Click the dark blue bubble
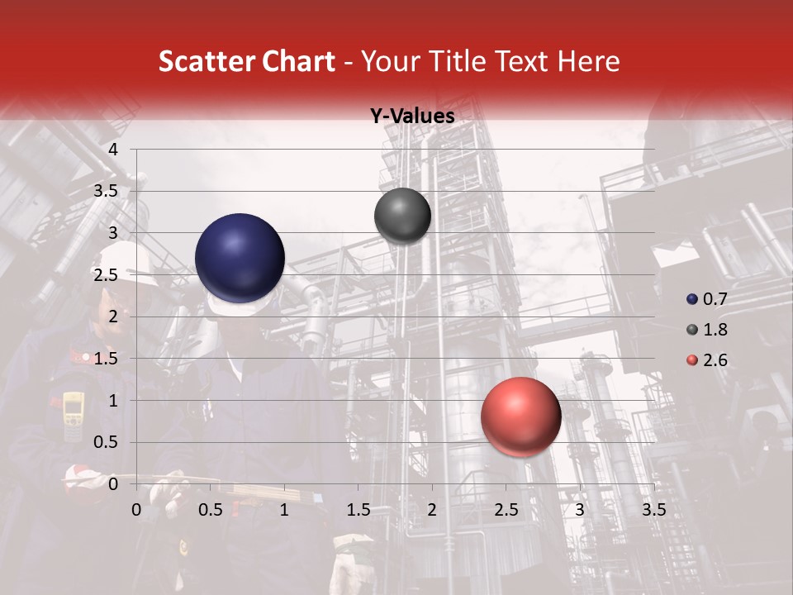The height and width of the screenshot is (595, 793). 240,258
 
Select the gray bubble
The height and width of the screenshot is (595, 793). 402,217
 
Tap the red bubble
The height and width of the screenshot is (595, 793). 520,417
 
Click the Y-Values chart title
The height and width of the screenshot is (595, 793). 412,117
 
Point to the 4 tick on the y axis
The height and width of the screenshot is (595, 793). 113,150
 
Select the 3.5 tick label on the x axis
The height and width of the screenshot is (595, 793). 653,510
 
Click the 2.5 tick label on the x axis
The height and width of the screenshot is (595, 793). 506,510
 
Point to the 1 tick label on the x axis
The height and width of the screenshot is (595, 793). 284,510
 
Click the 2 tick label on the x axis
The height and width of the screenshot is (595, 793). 432,510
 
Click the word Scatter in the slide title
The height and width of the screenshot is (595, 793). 206,61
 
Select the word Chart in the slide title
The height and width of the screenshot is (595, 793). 299,61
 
